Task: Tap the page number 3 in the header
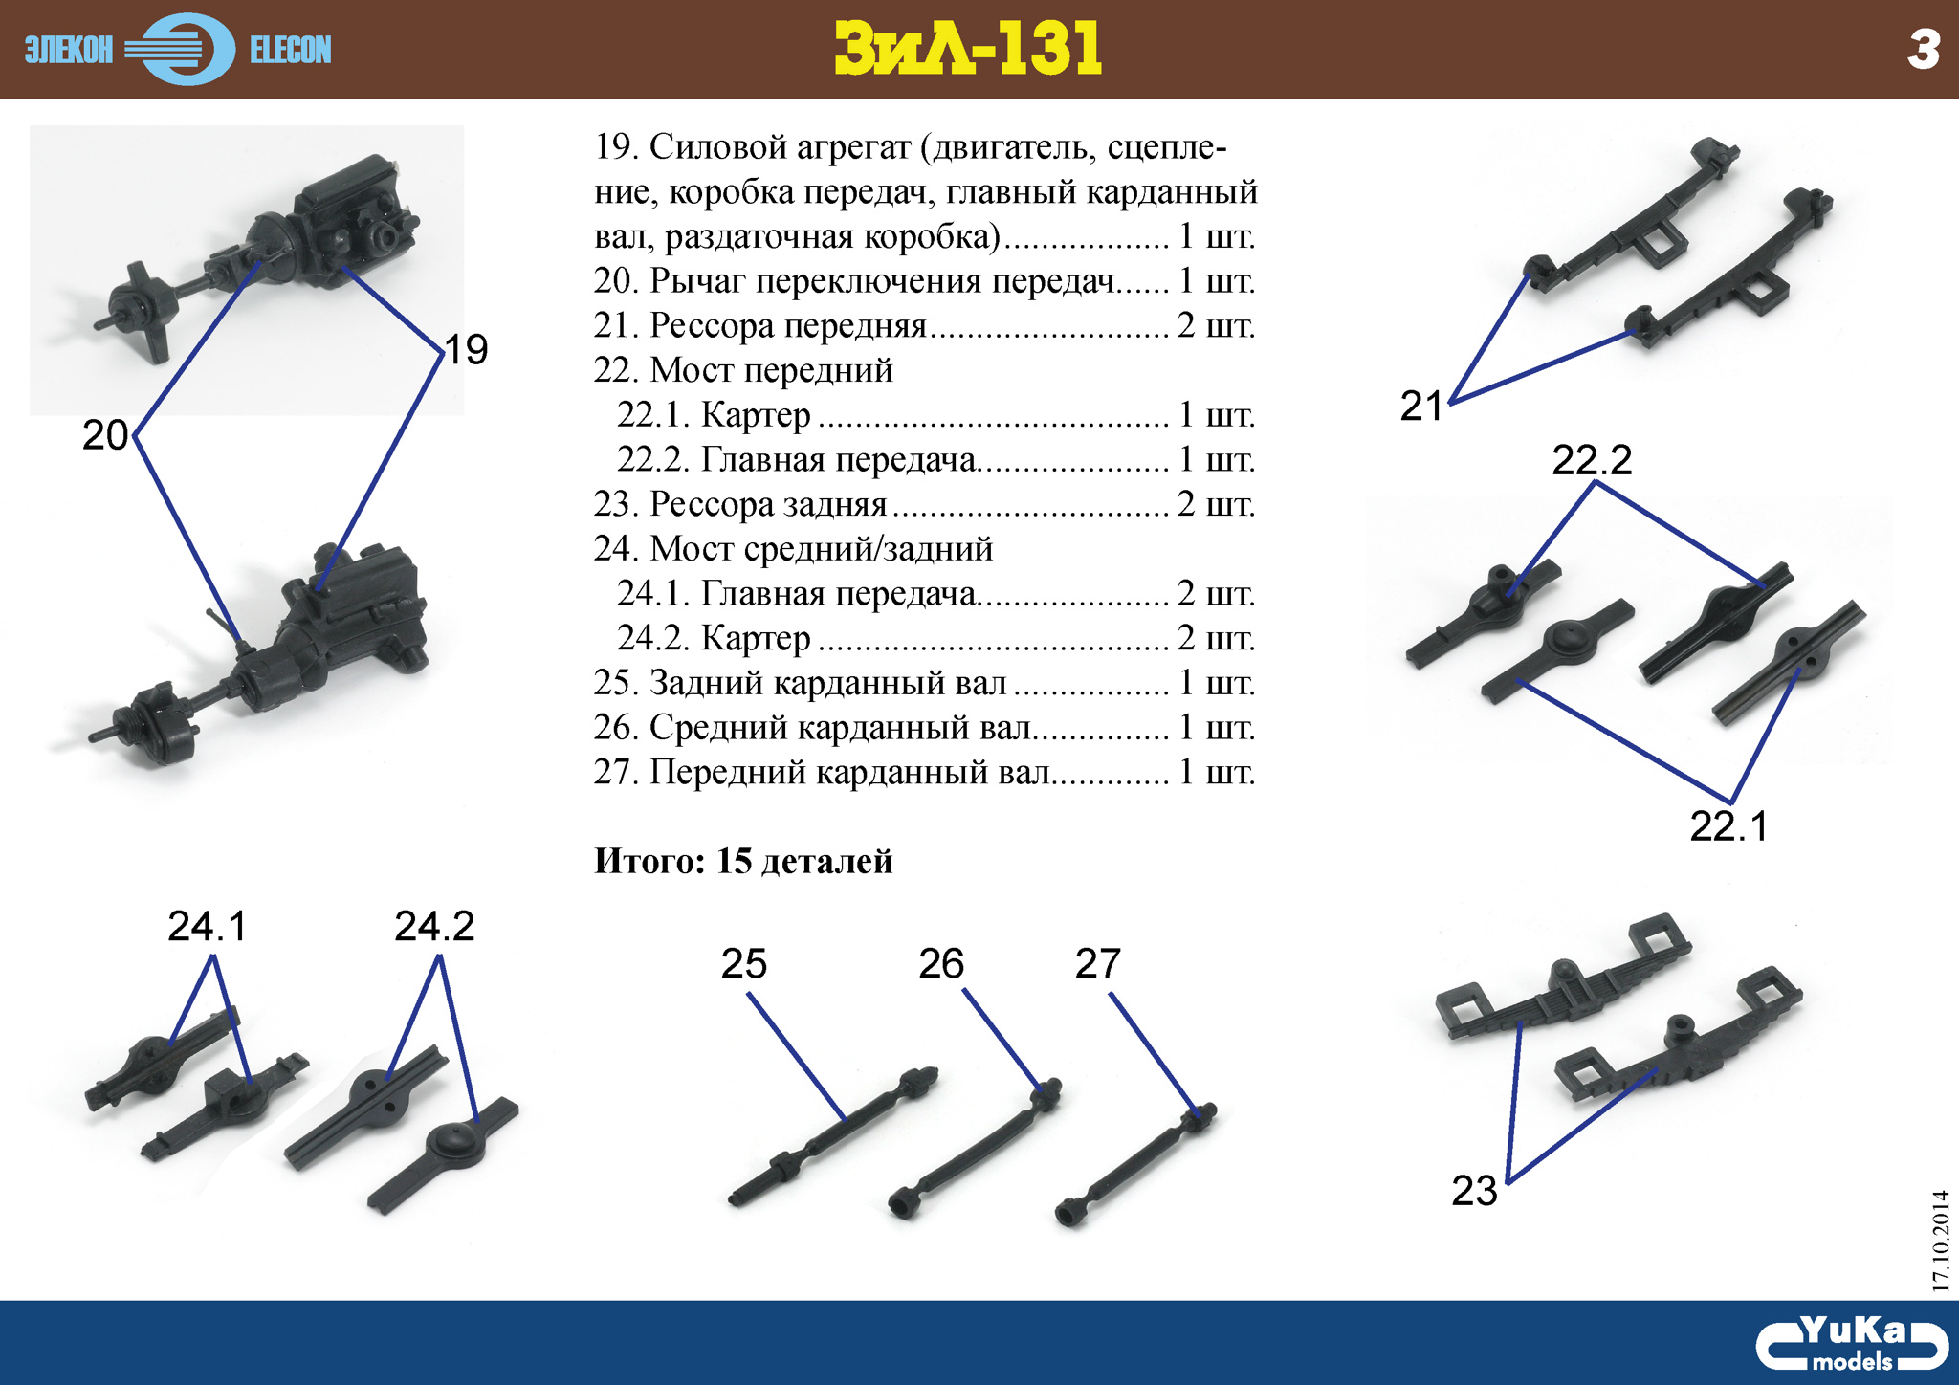[1923, 50]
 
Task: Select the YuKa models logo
[1851, 1344]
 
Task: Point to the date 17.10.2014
[1940, 1241]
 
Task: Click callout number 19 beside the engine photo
[467, 350]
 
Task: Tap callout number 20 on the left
[105, 435]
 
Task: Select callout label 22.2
[1592, 461]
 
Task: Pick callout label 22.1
[1729, 826]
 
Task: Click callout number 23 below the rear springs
[1474, 1191]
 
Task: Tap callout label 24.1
[208, 926]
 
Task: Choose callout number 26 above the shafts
[941, 964]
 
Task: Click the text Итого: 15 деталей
[743, 861]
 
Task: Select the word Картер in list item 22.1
[756, 415]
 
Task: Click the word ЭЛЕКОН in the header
[69, 50]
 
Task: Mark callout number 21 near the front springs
[1421, 407]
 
